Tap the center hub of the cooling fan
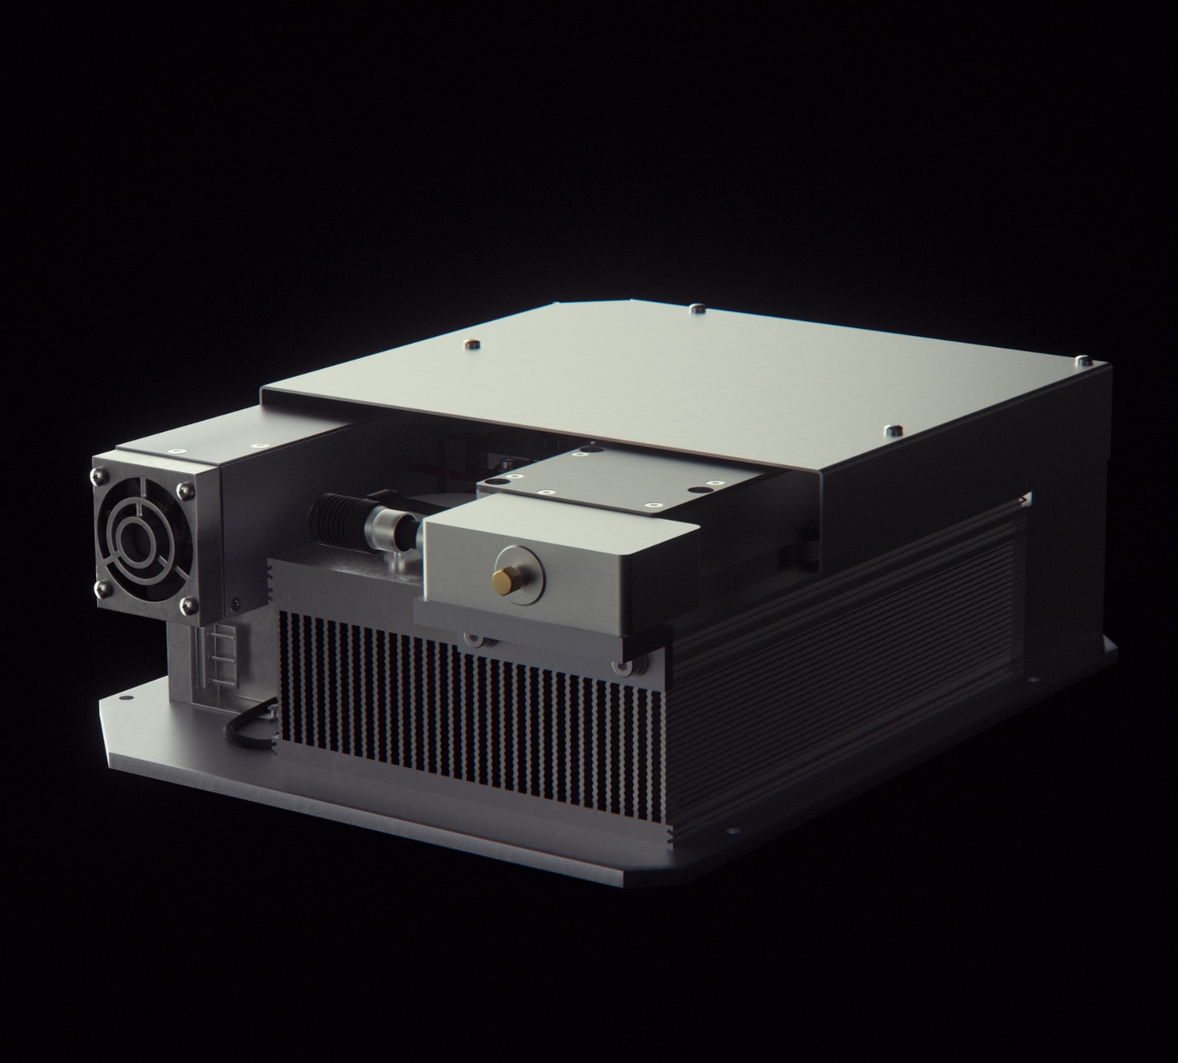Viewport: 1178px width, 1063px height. point(142,539)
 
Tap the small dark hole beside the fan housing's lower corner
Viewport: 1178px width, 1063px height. point(237,603)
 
